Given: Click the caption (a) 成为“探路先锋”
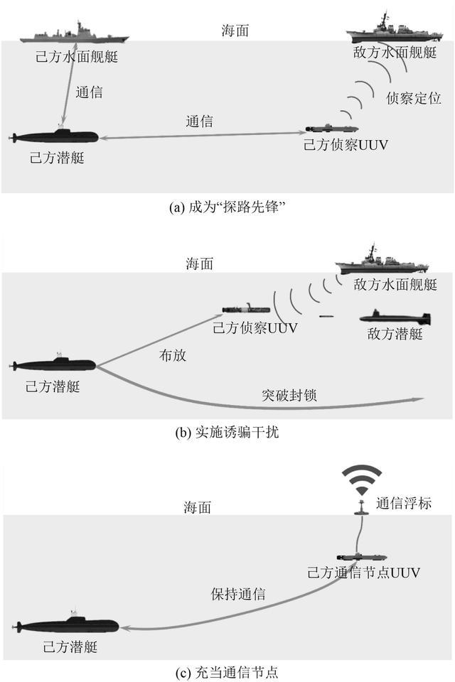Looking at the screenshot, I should (227, 207).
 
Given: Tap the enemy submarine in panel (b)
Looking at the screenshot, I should (395, 317).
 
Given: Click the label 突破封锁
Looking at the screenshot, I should (288, 395).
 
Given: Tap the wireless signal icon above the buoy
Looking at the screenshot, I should (361, 480).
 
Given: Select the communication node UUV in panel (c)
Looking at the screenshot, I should (363, 556).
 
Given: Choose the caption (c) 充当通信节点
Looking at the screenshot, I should (227, 670).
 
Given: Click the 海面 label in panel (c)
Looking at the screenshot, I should (198, 508).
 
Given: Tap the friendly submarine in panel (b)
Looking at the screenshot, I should (54, 364).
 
